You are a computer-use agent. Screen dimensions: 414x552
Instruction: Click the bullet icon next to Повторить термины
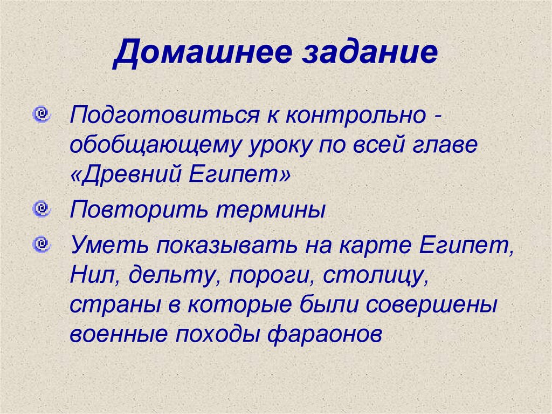point(40,207)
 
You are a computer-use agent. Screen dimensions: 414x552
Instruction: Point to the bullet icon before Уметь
point(40,245)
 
